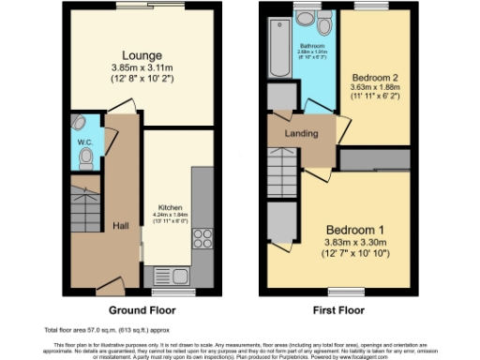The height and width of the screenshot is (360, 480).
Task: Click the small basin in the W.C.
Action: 80,123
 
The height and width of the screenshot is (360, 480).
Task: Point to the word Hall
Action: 122,226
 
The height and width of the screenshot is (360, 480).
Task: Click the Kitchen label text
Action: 170,207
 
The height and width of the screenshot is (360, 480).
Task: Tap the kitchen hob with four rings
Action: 203,239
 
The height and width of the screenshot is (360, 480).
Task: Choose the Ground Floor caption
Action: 140,309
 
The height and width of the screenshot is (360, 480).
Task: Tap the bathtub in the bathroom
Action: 278,48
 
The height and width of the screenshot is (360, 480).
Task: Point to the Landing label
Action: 302,133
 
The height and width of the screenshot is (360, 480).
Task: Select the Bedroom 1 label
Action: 356,229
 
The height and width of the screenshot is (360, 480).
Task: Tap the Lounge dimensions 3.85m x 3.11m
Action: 139,68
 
